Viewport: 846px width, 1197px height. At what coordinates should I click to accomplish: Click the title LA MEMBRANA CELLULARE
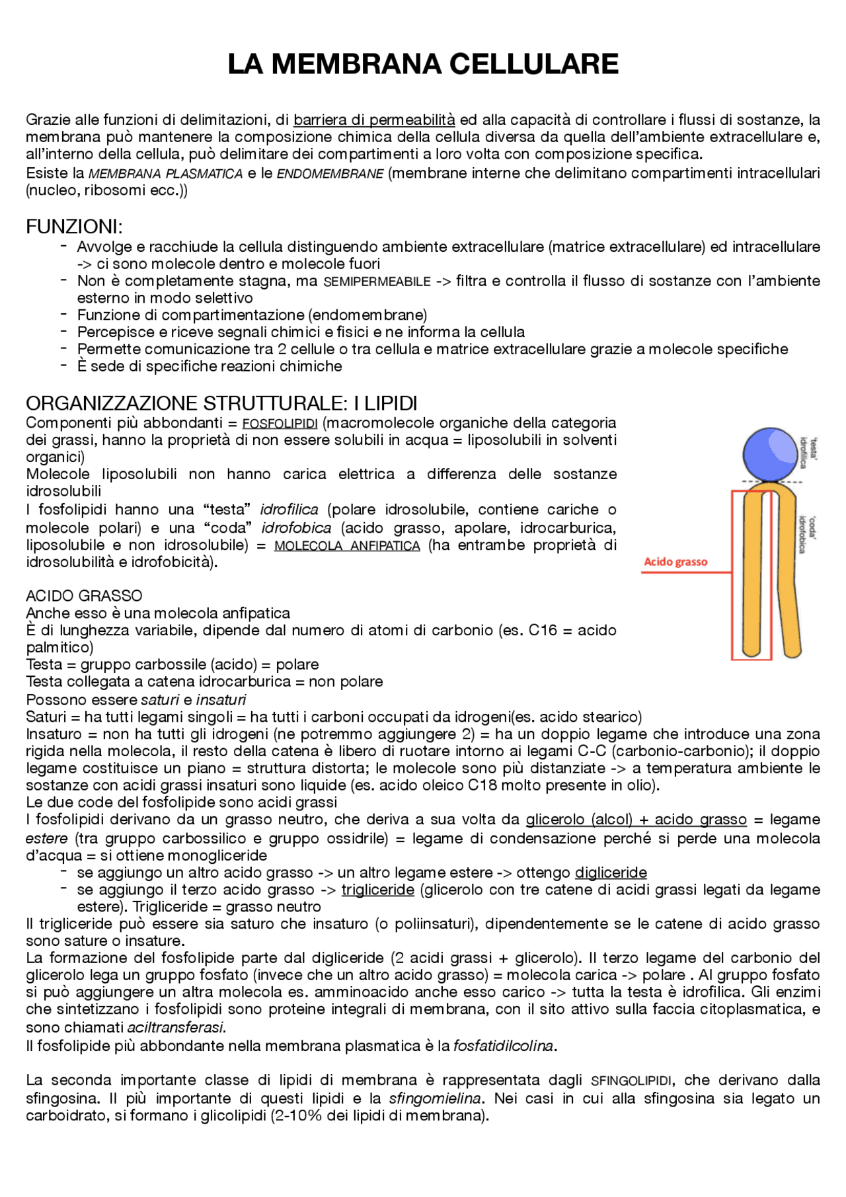(x=423, y=64)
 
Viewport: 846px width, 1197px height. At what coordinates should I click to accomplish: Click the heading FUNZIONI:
(x=74, y=227)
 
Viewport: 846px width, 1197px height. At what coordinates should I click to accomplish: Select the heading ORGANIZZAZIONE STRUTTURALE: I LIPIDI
(x=221, y=403)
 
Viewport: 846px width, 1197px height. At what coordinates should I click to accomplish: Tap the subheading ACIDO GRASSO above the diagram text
(x=84, y=596)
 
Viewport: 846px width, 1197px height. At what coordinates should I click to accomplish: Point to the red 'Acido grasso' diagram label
(x=675, y=562)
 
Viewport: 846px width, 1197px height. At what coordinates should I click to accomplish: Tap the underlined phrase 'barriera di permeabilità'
(x=374, y=120)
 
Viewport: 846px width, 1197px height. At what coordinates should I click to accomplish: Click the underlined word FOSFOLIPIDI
(x=280, y=424)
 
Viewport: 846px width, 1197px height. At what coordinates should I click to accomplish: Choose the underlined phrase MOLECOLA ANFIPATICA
(x=347, y=546)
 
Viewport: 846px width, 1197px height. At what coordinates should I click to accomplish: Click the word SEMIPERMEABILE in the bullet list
(x=377, y=282)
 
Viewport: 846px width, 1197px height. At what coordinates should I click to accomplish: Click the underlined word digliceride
(x=611, y=872)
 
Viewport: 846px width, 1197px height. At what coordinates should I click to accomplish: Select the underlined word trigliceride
(x=377, y=890)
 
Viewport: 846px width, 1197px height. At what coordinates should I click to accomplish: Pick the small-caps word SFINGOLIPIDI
(x=631, y=1081)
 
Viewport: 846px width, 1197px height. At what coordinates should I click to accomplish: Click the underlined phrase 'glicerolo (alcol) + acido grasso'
(x=636, y=820)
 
